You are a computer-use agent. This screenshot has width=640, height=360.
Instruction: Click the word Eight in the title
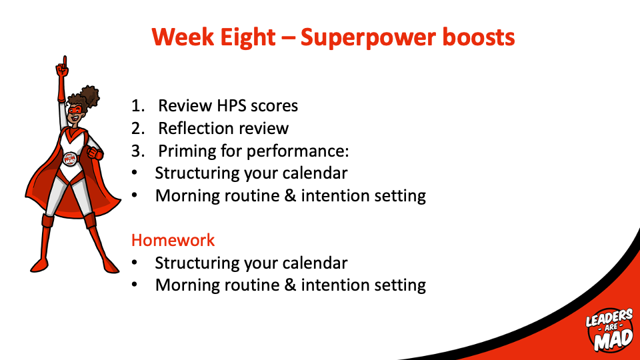tap(248, 38)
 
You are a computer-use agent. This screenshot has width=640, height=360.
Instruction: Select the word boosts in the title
tap(479, 37)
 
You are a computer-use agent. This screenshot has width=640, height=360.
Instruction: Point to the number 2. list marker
tap(138, 129)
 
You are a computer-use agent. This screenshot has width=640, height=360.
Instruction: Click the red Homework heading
tap(173, 240)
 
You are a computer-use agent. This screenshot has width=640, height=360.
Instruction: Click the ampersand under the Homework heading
tap(290, 285)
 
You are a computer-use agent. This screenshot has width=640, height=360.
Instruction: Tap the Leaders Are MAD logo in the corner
tap(609, 330)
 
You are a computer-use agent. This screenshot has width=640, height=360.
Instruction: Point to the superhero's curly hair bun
tap(89, 96)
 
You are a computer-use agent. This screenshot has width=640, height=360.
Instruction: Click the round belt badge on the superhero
tap(70, 159)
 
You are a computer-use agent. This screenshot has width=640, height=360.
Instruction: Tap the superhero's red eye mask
tap(75, 110)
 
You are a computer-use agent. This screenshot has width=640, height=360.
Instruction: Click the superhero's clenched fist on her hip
tap(95, 154)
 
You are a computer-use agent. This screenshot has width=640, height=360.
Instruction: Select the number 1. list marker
tap(138, 106)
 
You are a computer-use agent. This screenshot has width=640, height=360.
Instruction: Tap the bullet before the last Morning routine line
tap(135, 285)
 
